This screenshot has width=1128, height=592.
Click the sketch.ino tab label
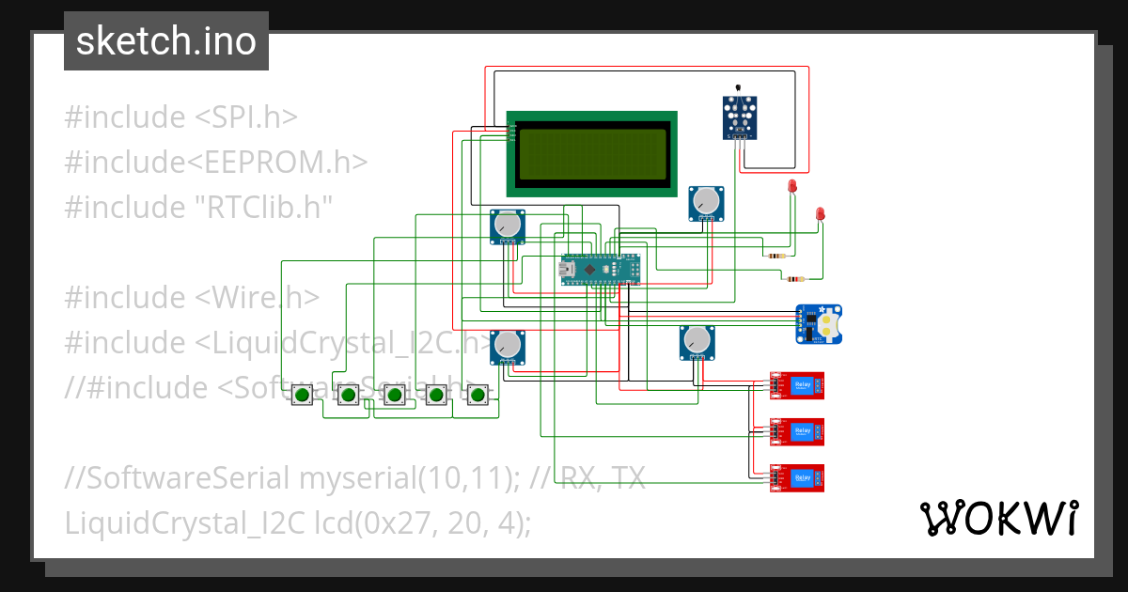click(x=166, y=41)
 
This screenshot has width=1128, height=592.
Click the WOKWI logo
click(x=999, y=518)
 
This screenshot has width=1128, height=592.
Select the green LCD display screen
click(x=592, y=154)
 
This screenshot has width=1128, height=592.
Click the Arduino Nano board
click(x=602, y=270)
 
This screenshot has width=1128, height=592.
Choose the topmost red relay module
click(x=797, y=384)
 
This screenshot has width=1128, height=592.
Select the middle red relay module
click(x=797, y=431)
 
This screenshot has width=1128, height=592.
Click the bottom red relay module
click(x=797, y=478)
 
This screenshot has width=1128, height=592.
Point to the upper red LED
click(x=792, y=186)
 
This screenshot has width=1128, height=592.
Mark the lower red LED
click(x=821, y=214)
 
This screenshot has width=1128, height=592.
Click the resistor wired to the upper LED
click(x=776, y=256)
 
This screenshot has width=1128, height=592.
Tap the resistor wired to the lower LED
click(x=795, y=278)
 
